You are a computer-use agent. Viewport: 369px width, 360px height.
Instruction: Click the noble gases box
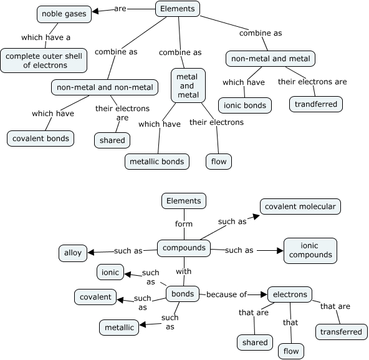coord(64,14)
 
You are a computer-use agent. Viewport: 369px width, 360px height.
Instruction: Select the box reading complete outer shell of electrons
coord(44,61)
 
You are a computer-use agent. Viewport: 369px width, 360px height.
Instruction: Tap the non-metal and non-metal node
coord(105,87)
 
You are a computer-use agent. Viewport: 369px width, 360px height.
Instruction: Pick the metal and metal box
coord(188,85)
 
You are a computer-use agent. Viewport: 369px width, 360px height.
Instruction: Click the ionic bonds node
coord(245,105)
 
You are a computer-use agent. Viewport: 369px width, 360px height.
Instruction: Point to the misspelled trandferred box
coord(316,104)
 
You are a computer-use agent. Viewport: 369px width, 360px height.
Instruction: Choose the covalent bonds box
coord(41,139)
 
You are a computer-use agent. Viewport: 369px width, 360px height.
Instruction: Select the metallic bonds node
coord(157,162)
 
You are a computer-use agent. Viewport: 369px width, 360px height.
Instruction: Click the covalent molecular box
coord(300,207)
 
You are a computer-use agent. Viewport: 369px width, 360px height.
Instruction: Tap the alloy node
coord(73,253)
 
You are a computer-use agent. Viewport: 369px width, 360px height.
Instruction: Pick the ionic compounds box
coord(310,250)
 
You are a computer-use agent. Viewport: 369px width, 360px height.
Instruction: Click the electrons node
coord(290,294)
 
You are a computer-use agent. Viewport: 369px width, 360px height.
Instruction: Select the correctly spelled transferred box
coord(341,332)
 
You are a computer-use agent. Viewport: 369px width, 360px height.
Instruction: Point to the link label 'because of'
coord(226,294)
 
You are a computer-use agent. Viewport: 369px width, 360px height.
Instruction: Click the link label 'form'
coord(184,224)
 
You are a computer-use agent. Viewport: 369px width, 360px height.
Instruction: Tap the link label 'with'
coord(183,271)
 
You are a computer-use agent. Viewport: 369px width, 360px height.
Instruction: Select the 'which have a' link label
coord(46,37)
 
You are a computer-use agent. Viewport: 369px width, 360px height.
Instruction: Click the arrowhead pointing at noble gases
coord(95,11)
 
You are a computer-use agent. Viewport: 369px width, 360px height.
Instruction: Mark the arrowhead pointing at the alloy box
coord(91,252)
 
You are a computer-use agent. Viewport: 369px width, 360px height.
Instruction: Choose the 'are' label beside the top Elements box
coord(120,9)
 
